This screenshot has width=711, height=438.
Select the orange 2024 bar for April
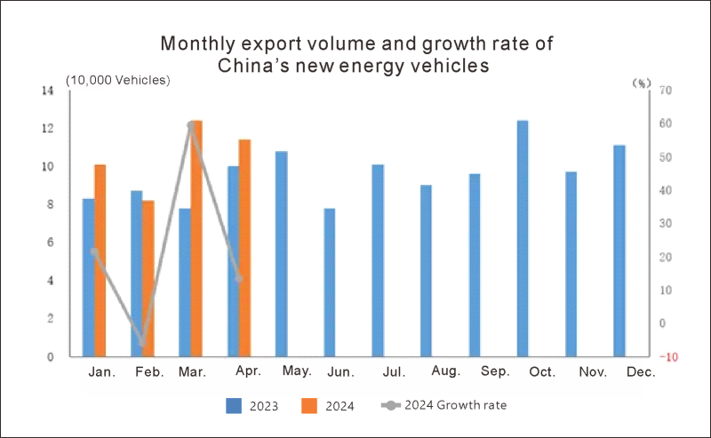(245, 248)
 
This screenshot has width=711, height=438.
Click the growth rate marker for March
(191, 125)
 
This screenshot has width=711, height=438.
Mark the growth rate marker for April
(239, 278)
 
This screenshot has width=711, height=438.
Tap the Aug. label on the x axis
(444, 373)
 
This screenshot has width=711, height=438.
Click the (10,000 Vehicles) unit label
(117, 81)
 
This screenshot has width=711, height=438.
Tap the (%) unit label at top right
(641, 83)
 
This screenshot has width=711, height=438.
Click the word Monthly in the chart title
(198, 44)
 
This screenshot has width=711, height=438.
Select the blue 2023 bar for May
(281, 254)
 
